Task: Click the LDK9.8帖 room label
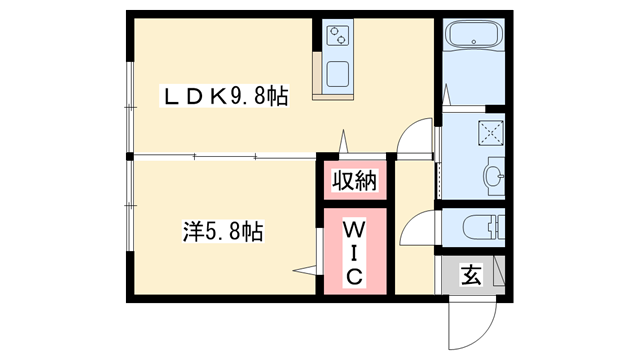pos(227,97)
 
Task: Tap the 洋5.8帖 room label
pos(223,232)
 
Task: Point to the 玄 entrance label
pos(471,274)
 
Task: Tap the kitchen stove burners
pos(339,37)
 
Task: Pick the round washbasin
pos(494,178)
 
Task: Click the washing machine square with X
pos(492,130)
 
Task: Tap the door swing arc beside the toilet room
pos(413,234)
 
